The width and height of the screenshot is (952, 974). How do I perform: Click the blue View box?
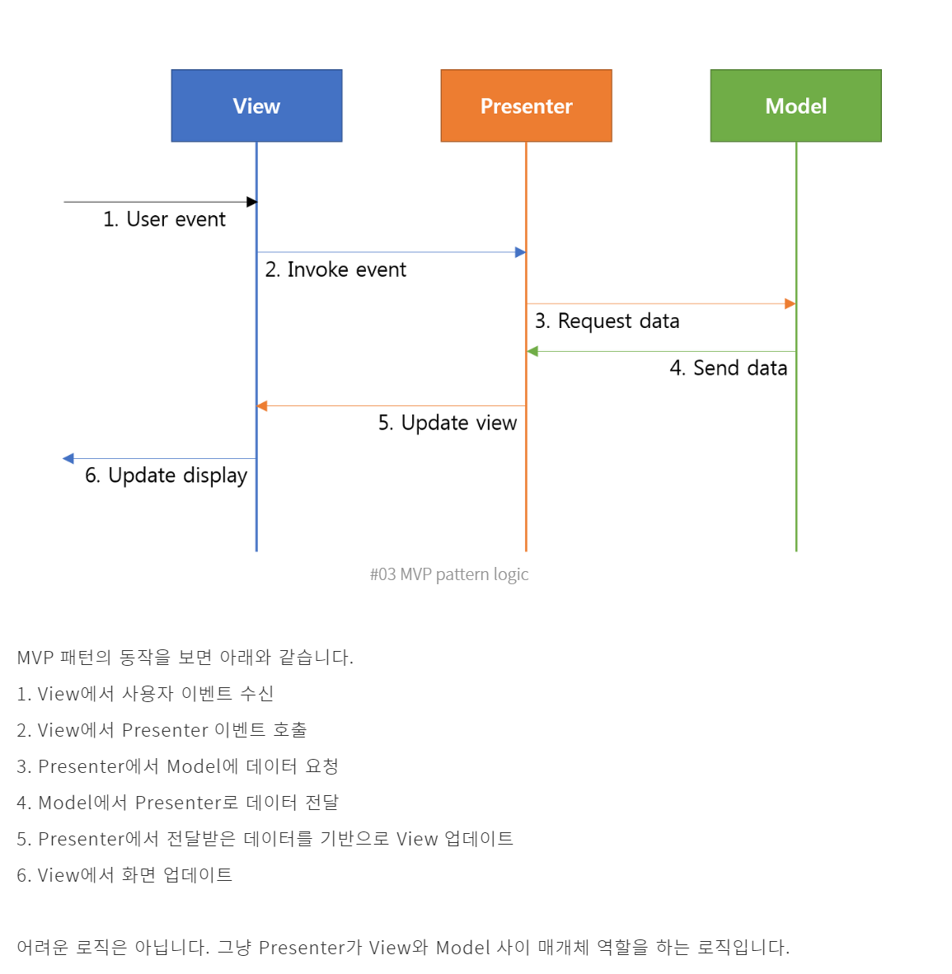256,105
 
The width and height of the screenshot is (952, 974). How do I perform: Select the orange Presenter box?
526,105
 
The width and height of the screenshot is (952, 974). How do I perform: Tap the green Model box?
795,105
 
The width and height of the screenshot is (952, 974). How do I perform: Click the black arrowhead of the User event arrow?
252,202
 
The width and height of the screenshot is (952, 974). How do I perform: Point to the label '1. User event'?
164,219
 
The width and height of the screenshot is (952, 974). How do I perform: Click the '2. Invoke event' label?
335,269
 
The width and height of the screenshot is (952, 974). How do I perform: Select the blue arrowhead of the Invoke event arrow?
521,252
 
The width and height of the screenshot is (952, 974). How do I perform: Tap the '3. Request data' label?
607,321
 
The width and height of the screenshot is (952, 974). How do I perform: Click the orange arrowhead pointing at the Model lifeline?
790,304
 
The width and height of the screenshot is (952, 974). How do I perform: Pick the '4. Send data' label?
728,368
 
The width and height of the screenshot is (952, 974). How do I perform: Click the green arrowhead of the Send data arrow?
532,352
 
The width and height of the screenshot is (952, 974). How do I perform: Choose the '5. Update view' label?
448,423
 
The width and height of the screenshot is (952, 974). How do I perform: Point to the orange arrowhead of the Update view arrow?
262,406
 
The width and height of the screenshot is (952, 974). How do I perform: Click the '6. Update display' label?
166,475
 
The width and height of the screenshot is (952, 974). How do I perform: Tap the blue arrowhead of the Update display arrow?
68,458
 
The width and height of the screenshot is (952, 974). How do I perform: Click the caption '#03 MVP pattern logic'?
449,574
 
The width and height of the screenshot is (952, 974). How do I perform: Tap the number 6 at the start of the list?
22,875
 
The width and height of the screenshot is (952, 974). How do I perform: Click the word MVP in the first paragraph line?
35,658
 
